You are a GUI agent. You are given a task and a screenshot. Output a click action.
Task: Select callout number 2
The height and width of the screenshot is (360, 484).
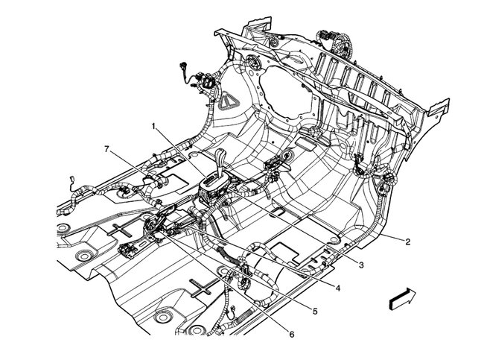[x=408, y=241]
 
